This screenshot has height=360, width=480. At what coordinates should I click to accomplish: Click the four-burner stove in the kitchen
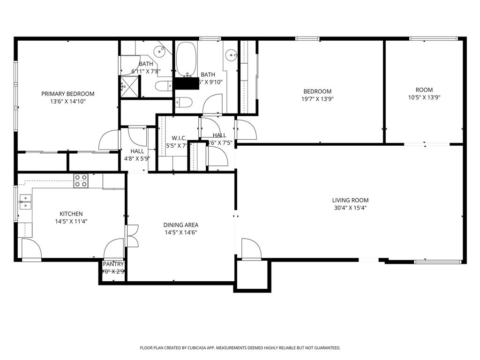(81, 181)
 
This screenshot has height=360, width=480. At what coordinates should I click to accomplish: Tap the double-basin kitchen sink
(24, 202)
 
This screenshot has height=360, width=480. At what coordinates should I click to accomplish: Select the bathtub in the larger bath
(187, 59)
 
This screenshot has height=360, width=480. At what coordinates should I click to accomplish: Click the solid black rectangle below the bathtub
(186, 83)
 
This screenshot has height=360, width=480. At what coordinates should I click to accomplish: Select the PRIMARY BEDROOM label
(67, 94)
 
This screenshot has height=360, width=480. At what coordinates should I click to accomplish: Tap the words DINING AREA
(180, 225)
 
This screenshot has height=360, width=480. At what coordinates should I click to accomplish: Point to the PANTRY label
(113, 264)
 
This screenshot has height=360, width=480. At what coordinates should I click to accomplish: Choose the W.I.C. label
(179, 138)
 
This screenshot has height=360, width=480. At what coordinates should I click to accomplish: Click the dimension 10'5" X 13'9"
(424, 97)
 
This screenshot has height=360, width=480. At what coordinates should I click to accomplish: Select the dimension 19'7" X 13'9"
(317, 99)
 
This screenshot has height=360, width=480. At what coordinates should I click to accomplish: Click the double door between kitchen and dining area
(132, 236)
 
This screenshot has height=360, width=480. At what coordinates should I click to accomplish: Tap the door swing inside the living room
(251, 247)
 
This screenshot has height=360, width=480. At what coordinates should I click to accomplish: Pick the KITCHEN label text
(71, 214)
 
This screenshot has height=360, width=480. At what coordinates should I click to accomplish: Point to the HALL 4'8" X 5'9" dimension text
(137, 158)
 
